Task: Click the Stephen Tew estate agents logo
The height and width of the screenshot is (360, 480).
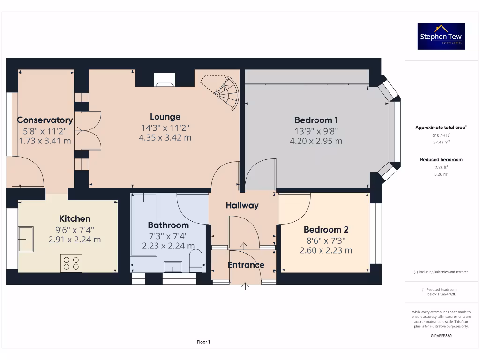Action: (x=441, y=36)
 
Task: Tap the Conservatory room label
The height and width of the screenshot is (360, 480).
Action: (x=45, y=120)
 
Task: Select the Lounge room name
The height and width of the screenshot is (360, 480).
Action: (x=165, y=117)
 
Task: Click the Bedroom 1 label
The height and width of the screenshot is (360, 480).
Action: (x=316, y=120)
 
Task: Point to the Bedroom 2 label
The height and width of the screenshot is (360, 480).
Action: (x=326, y=230)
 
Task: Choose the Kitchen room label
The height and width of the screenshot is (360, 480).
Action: (x=75, y=219)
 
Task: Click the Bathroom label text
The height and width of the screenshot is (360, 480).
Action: (x=168, y=225)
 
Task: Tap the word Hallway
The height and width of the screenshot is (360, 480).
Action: (x=242, y=205)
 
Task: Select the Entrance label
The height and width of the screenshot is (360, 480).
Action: (x=246, y=265)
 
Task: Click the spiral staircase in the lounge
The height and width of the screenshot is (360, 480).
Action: (x=224, y=92)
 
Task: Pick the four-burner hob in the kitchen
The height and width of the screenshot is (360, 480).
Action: (x=71, y=263)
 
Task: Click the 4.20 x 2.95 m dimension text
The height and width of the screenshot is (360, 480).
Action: (x=316, y=141)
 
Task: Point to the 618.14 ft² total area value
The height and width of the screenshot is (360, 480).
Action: (x=441, y=135)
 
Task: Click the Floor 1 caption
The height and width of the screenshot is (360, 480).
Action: (x=203, y=342)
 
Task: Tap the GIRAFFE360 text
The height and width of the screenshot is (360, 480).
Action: (x=441, y=336)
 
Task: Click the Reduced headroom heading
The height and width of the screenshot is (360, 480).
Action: (x=441, y=160)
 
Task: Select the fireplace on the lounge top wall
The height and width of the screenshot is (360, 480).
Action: (x=165, y=80)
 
